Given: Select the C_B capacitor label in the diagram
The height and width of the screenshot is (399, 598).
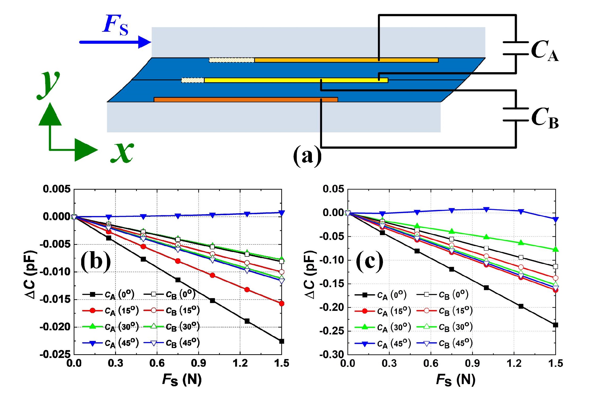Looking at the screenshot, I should pyautogui.click(x=544, y=118).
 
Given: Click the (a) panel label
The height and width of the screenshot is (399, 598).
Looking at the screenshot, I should pyautogui.click(x=307, y=156).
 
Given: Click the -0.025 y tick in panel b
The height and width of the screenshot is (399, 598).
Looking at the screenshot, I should pyautogui.click(x=55, y=355).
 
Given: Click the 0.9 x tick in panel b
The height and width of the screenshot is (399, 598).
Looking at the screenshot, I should pyautogui.click(x=199, y=363).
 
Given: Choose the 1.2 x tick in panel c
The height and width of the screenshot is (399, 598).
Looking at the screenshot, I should pyautogui.click(x=514, y=363).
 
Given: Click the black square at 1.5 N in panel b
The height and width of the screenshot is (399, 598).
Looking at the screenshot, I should pyautogui.click(x=282, y=341).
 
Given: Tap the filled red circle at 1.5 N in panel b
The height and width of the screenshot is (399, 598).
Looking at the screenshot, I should pyautogui.click(x=282, y=303).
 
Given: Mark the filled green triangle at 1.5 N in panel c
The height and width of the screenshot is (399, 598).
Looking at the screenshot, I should pyautogui.click(x=555, y=250).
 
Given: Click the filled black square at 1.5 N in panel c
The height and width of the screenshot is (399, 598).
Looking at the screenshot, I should pyautogui.click(x=555, y=325).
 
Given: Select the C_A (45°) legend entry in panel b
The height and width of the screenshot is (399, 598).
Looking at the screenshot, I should pyautogui.click(x=110, y=343).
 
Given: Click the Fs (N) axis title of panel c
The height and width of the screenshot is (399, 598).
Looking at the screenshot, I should pyautogui.click(x=456, y=380).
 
